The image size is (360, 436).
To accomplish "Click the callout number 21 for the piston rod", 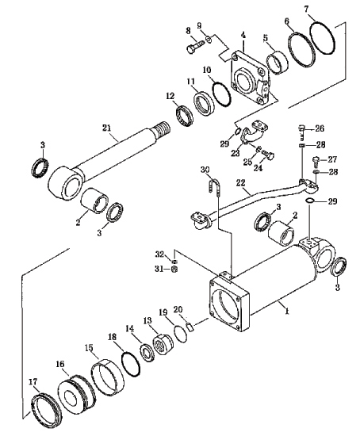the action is pyautogui.click(x=107, y=128).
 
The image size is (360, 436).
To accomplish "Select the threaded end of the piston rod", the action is pyautogui.click(x=162, y=128).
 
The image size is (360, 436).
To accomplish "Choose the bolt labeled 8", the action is pyautogui.click(x=196, y=47).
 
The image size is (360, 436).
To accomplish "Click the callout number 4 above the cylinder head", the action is pyautogui.click(x=243, y=35).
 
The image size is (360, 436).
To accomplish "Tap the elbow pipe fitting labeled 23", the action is pyautogui.click(x=254, y=132).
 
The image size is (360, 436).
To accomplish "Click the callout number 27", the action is pyautogui.click(x=332, y=159).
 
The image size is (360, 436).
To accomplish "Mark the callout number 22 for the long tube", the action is pyautogui.click(x=240, y=182).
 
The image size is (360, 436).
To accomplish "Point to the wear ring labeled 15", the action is pyautogui.click(x=107, y=377).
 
